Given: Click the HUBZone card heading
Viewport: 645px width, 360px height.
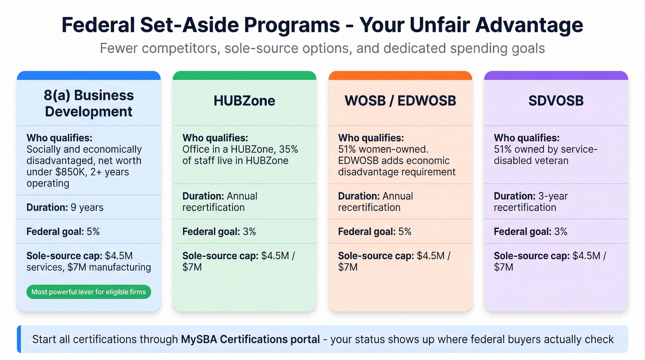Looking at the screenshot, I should [244, 100].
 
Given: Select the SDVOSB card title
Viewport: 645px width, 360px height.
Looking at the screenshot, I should [556, 100].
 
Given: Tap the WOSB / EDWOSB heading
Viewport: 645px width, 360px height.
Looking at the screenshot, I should [400, 100].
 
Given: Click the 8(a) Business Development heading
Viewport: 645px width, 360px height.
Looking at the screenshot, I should [89, 103].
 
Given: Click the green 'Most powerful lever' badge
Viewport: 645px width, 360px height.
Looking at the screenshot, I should [88, 292].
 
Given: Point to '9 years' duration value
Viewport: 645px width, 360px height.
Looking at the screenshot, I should [87, 207].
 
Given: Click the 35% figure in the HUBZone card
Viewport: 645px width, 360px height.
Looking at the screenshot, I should [288, 149].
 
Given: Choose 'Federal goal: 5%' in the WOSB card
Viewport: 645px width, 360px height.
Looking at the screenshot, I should [375, 231].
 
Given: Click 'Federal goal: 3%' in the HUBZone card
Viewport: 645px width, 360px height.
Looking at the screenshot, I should [219, 231].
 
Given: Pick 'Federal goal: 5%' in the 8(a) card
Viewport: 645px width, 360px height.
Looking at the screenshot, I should [63, 231].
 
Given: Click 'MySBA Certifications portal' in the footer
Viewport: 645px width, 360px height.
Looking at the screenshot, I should [250, 340].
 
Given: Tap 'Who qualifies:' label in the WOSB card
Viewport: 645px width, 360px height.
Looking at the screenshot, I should [371, 138].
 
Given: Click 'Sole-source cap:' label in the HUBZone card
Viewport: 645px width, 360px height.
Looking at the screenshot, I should [220, 256].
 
